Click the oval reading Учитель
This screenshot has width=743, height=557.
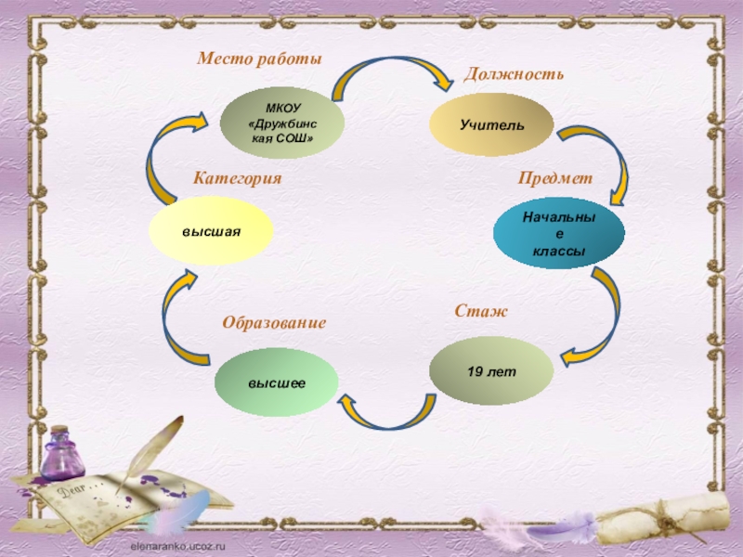491,124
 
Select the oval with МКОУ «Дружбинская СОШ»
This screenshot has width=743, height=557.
282,123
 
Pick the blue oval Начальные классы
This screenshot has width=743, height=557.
558,234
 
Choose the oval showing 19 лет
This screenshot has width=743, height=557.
491,371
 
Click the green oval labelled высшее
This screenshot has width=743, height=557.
276,382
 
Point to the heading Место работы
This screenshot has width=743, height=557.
259,58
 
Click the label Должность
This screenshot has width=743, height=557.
514,72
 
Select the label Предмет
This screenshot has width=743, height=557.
554,177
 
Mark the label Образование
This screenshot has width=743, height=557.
274,323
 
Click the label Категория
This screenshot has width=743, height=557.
237,176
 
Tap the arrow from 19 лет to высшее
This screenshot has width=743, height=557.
385,414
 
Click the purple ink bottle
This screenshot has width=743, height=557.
61,454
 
